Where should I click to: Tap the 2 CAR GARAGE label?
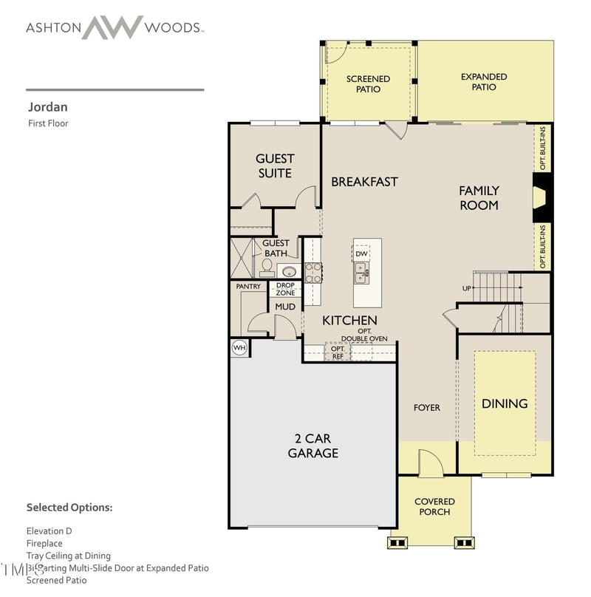(313, 446)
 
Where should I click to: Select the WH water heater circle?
(239, 347)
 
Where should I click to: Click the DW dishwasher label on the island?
(361, 253)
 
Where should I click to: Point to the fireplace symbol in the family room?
(541, 198)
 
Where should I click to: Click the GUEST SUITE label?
(274, 166)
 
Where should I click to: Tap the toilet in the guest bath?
(267, 267)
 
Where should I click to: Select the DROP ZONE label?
(285, 289)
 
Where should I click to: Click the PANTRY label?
(248, 286)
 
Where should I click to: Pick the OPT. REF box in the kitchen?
(338, 352)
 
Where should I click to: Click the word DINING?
(505, 403)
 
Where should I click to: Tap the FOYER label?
(426, 408)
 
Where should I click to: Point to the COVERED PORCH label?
(434, 507)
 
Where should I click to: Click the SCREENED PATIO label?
(368, 83)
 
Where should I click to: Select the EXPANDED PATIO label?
(484, 81)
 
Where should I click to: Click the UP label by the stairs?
(466, 288)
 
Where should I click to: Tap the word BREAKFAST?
(364, 181)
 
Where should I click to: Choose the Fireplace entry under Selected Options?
(44, 543)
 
